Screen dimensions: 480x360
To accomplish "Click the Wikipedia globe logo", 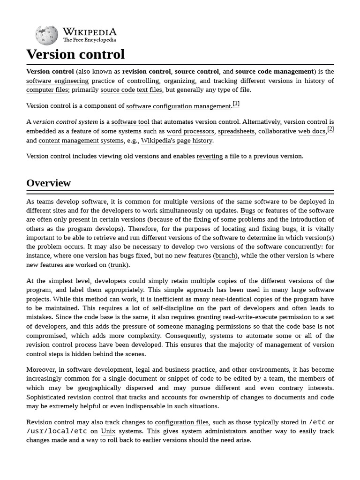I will tap(46, 35).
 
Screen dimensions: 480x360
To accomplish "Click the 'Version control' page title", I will tap(75, 54).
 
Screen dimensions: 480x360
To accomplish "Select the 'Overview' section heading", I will tap(48, 183).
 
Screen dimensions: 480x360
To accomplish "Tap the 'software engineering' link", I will tap(57, 81).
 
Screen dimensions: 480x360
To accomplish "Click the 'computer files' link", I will tap(47, 90).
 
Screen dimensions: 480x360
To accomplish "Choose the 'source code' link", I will tap(118, 90).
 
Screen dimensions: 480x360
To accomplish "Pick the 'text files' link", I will tap(149, 90).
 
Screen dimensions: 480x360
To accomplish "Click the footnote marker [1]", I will tap(236, 104).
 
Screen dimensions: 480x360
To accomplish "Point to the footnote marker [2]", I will tap(330, 129).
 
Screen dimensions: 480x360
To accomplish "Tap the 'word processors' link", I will tap(190, 131).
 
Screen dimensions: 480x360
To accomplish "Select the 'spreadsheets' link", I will tap(236, 131).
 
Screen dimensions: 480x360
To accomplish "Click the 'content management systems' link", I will tap(81, 141).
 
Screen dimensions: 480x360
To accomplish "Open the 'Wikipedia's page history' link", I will tap(177, 141).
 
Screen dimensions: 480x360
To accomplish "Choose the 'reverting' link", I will tap(210, 156).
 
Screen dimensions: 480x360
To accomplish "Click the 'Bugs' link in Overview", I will tap(247, 211).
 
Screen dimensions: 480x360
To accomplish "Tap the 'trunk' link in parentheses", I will tap(118, 265).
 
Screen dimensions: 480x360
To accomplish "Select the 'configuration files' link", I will tap(182, 422).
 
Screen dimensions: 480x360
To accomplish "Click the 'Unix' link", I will tap(108, 431).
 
